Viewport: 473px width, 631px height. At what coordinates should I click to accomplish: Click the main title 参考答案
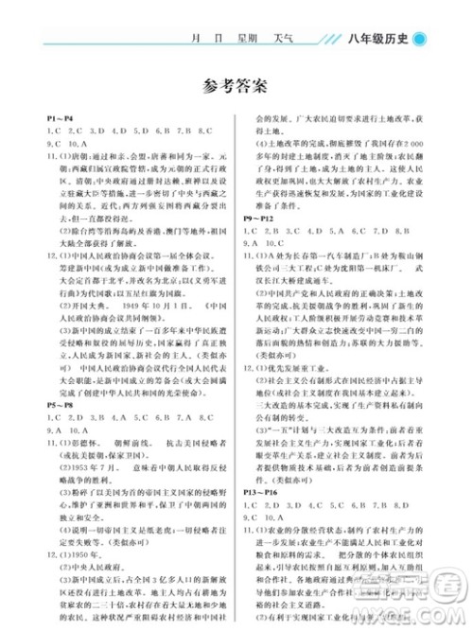click(x=236, y=88)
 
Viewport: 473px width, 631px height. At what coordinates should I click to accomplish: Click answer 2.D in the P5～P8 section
click(x=86, y=390)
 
